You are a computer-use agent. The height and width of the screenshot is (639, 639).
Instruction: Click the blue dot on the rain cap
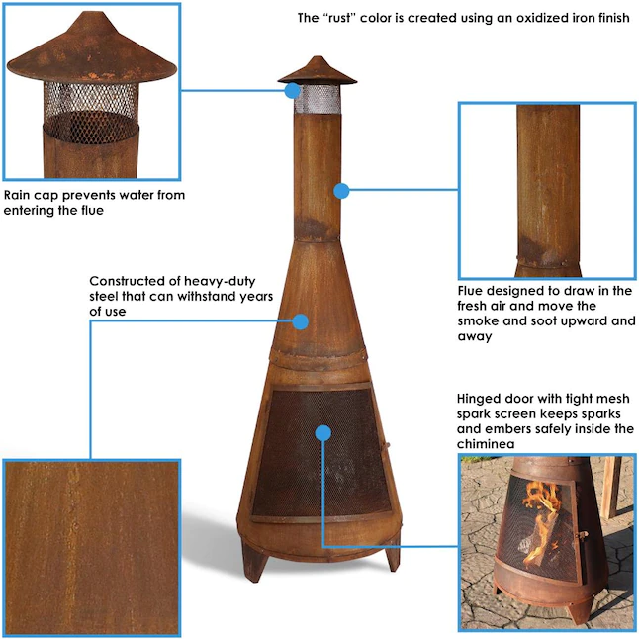[293, 90]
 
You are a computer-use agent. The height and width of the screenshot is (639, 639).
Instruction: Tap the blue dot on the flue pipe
[341, 189]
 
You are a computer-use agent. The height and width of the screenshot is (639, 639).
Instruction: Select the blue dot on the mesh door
[322, 432]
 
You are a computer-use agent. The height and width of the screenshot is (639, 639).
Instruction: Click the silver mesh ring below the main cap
[318, 98]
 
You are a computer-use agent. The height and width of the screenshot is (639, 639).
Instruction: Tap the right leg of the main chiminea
[392, 555]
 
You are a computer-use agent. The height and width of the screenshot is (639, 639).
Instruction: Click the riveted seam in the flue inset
[546, 264]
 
